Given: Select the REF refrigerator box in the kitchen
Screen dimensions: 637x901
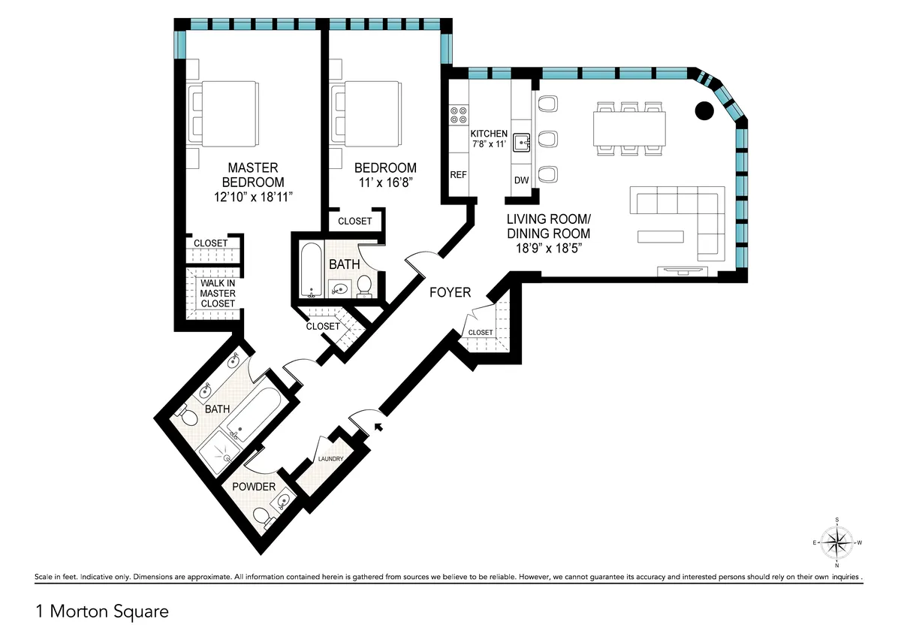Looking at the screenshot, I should pos(458,174).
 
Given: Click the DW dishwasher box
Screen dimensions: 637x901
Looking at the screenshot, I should pos(521,180).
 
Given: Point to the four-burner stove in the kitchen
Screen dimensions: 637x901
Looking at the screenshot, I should pos(457,114).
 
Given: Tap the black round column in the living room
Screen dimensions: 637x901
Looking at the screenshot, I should pos(704,110).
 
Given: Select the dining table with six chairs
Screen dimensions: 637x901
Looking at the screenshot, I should pos(629,128).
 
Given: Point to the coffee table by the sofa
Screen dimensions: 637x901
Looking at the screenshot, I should pos(661,237).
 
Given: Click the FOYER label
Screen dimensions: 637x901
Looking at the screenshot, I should pos(450,292).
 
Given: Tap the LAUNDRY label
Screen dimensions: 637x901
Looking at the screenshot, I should pos(330,459).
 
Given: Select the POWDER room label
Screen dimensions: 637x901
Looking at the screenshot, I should pos(253,487).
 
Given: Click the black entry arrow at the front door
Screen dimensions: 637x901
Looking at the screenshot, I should pos(378,426).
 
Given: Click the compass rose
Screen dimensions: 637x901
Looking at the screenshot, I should pos(836,542).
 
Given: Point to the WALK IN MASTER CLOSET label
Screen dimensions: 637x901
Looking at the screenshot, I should pos(218,293).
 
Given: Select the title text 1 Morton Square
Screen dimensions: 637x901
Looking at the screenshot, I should pos(101,612).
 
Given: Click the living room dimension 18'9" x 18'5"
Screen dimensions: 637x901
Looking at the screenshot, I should pos(548,249).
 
